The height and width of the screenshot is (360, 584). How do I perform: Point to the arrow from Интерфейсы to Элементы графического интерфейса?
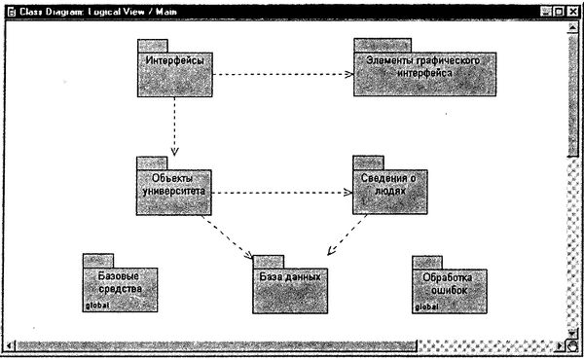[x=282, y=74]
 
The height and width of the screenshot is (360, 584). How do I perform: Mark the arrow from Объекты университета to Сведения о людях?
[x=282, y=192]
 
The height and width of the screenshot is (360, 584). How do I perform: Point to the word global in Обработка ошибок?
[x=426, y=306]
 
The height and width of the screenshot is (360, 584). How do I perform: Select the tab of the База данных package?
[x=269, y=261]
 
